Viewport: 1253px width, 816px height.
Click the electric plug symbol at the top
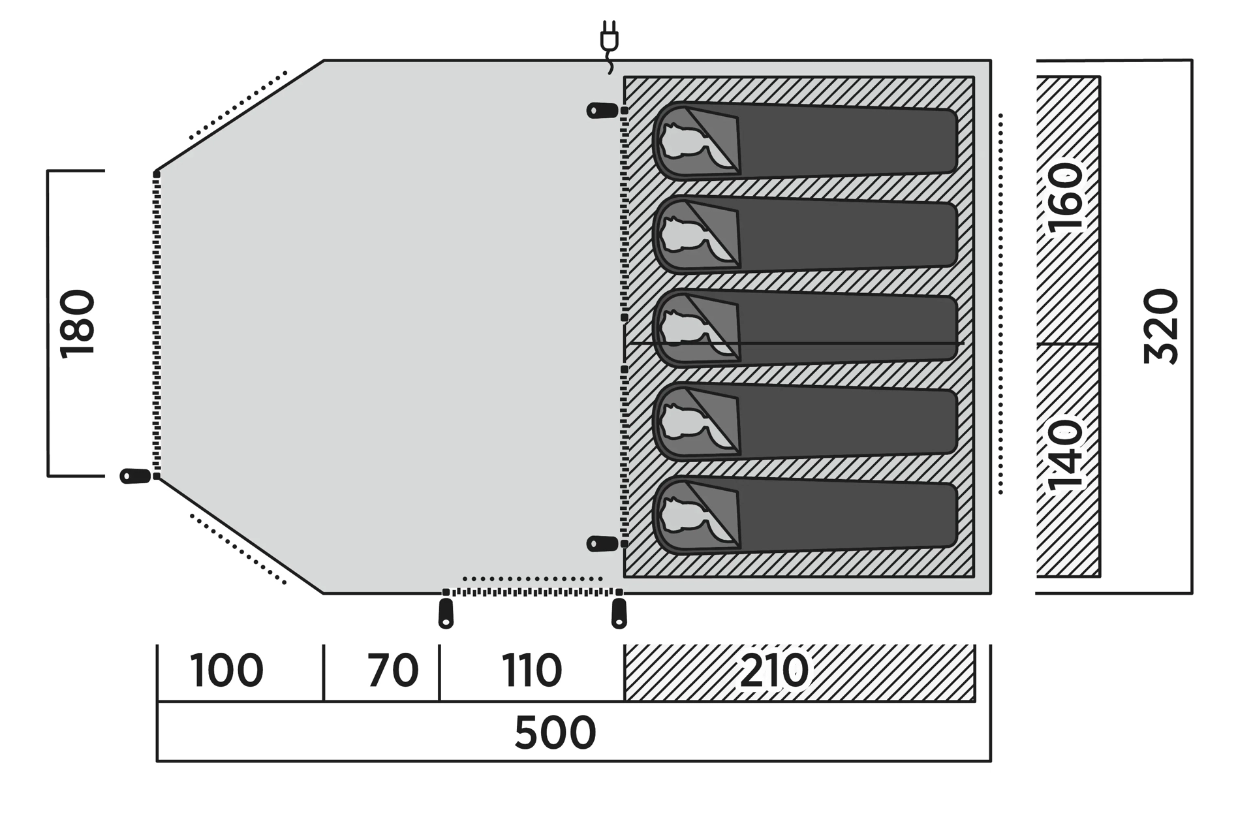click(x=609, y=47)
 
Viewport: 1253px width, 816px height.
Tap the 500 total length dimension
click(x=555, y=732)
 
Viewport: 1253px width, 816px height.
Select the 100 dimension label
click(x=226, y=670)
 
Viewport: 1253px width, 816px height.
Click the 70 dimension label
click(x=393, y=670)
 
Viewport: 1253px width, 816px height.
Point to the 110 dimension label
click(x=532, y=670)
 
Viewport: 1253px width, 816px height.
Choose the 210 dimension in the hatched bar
click(x=775, y=670)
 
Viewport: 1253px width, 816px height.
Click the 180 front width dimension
click(x=77, y=324)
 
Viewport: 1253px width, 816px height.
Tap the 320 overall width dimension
click(x=1162, y=326)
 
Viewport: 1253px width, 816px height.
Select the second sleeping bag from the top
click(x=805, y=234)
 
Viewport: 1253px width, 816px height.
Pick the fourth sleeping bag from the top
click(x=805, y=422)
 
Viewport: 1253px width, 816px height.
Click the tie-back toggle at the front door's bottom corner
click(x=136, y=476)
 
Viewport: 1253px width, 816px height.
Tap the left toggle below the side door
click(x=446, y=614)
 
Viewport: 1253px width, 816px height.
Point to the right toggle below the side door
click(x=619, y=614)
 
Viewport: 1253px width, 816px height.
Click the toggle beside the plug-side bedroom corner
click(x=602, y=110)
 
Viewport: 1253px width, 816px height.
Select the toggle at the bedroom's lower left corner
click(x=602, y=543)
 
